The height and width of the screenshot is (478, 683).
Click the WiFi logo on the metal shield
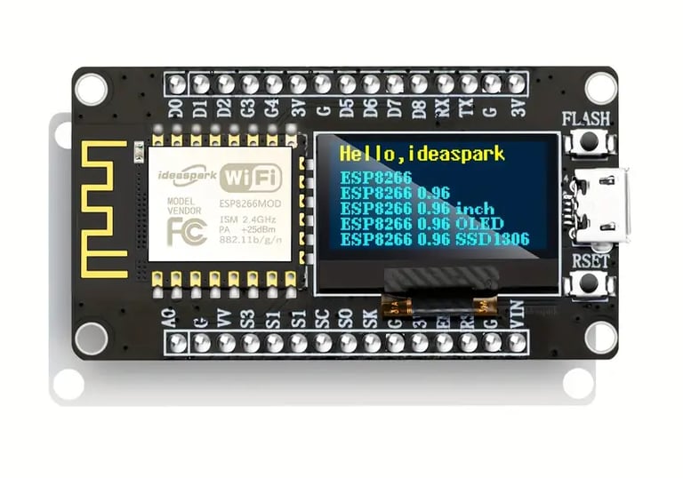click(x=252, y=176)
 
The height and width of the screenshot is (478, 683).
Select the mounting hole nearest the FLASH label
click(x=600, y=86)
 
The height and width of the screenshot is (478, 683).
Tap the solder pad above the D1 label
click(x=201, y=84)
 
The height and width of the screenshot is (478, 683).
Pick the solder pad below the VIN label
click(x=517, y=343)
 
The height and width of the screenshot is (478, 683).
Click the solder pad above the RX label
click(x=443, y=84)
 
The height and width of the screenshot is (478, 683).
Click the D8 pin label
click(x=418, y=110)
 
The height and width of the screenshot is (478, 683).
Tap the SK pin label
click(x=369, y=317)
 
